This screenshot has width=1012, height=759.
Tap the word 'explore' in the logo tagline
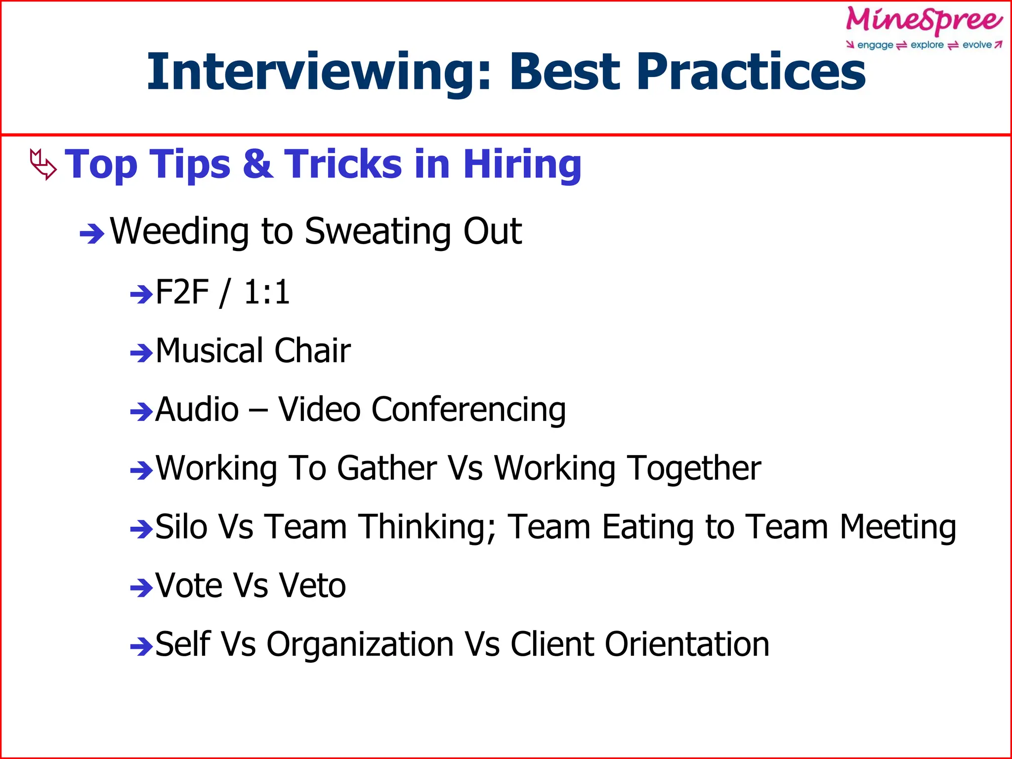[927, 45]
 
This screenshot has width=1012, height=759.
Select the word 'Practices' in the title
[751, 72]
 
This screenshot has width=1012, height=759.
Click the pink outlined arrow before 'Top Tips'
[43, 165]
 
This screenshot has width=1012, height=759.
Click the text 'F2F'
[182, 292]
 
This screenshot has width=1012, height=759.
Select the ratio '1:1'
[266, 292]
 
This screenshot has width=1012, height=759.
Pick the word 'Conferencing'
[468, 410]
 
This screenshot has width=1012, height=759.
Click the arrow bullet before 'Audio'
[141, 412]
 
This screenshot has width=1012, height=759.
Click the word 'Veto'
[312, 586]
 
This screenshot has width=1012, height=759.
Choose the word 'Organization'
[360, 644]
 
